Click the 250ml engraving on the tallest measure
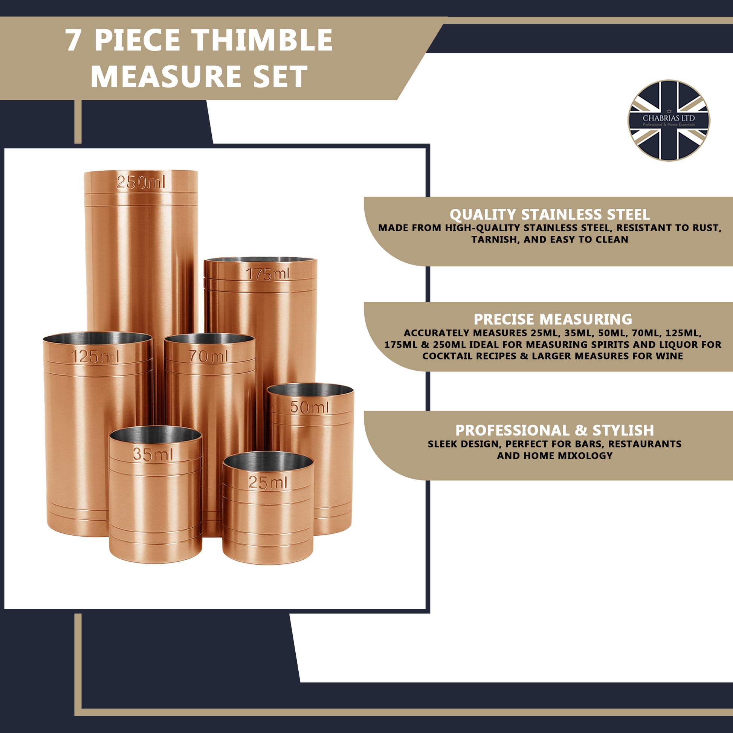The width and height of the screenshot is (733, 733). tap(141, 183)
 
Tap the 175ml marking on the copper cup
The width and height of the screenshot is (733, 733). tap(268, 274)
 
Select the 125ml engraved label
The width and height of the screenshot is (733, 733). tap(95, 357)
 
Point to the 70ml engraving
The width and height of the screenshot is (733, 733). tap(208, 356)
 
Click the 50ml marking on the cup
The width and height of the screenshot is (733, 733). tap(309, 408)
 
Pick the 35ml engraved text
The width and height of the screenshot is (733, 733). tap(153, 455)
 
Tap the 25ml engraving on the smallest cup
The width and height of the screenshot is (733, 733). tap(268, 483)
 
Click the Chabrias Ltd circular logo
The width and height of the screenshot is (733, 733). tap(669, 120)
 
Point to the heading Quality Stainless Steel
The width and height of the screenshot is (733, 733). tap(549, 215)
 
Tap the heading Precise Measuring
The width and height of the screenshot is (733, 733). tap(553, 319)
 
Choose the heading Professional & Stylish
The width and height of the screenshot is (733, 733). tap(555, 431)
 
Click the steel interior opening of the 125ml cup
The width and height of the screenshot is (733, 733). tap(98, 338)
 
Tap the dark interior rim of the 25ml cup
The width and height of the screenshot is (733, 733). tap(268, 460)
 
